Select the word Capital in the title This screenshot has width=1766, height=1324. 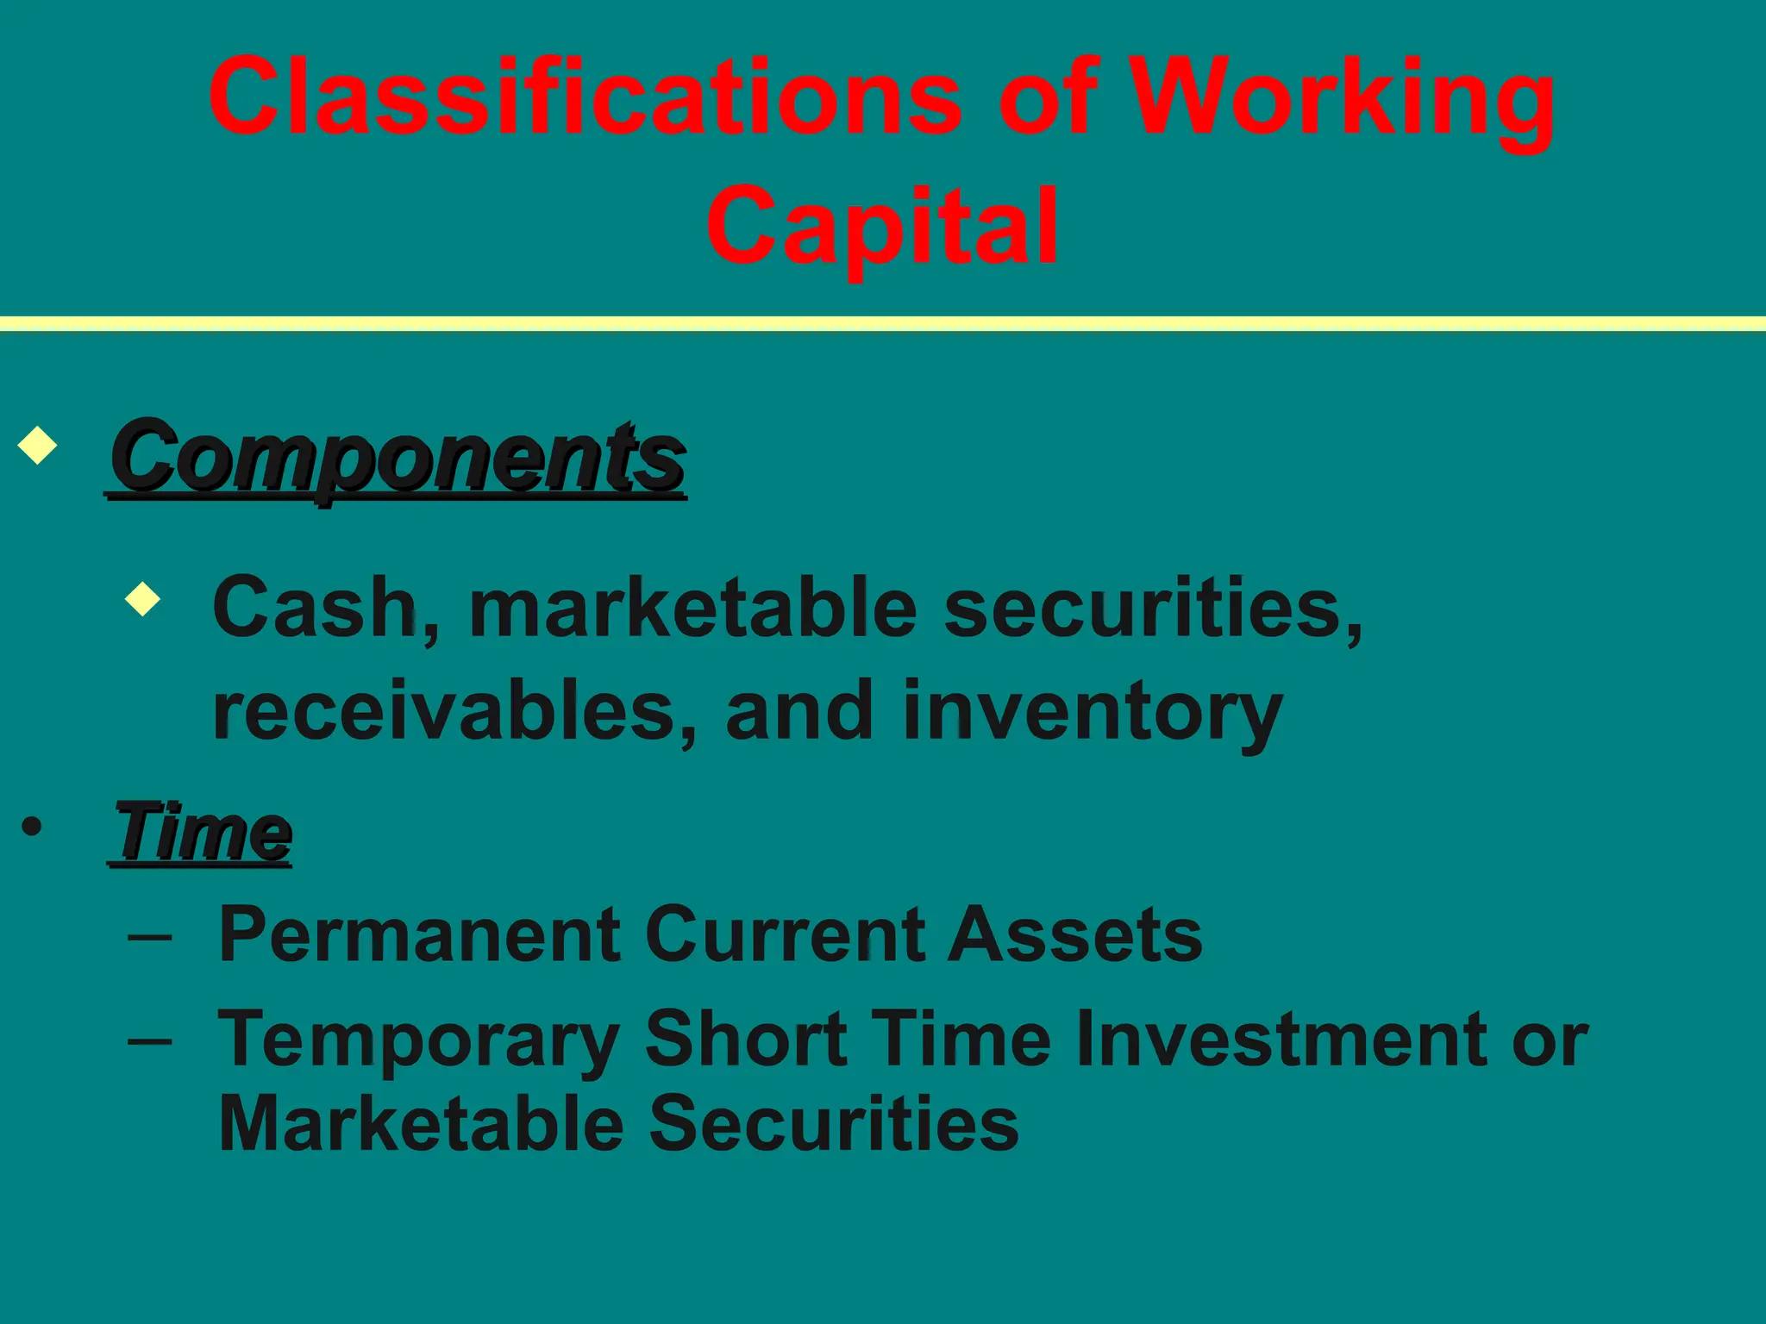pyautogui.click(x=882, y=226)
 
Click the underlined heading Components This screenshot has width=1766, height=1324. pyautogui.click(x=398, y=457)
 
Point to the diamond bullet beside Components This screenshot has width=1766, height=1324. pyautogui.click(x=37, y=445)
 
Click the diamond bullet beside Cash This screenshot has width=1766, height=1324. pyautogui.click(x=142, y=598)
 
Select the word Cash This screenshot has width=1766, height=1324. pyautogui.click(x=315, y=608)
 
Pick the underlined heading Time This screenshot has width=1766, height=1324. pyautogui.click(x=204, y=832)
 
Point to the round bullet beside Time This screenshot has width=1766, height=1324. pyautogui.click(x=32, y=827)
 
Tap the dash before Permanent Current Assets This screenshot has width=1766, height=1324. pyautogui.click(x=150, y=935)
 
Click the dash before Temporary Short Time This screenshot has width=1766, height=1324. pyautogui.click(x=150, y=1040)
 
